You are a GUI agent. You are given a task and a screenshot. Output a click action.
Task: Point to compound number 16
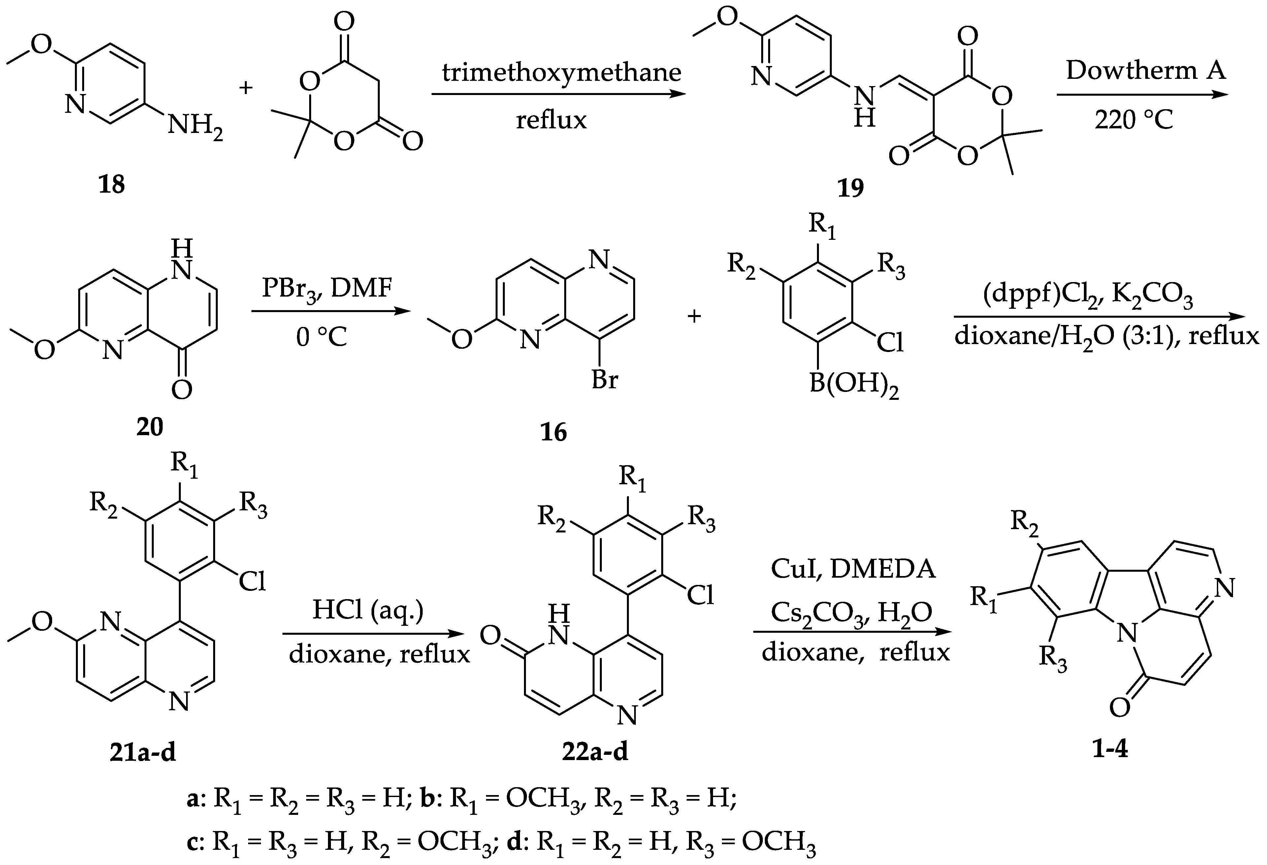pos(553,432)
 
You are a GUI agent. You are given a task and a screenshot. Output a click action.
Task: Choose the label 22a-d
pos(595,752)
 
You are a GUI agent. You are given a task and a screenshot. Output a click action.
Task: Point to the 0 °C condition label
pos(321,337)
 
